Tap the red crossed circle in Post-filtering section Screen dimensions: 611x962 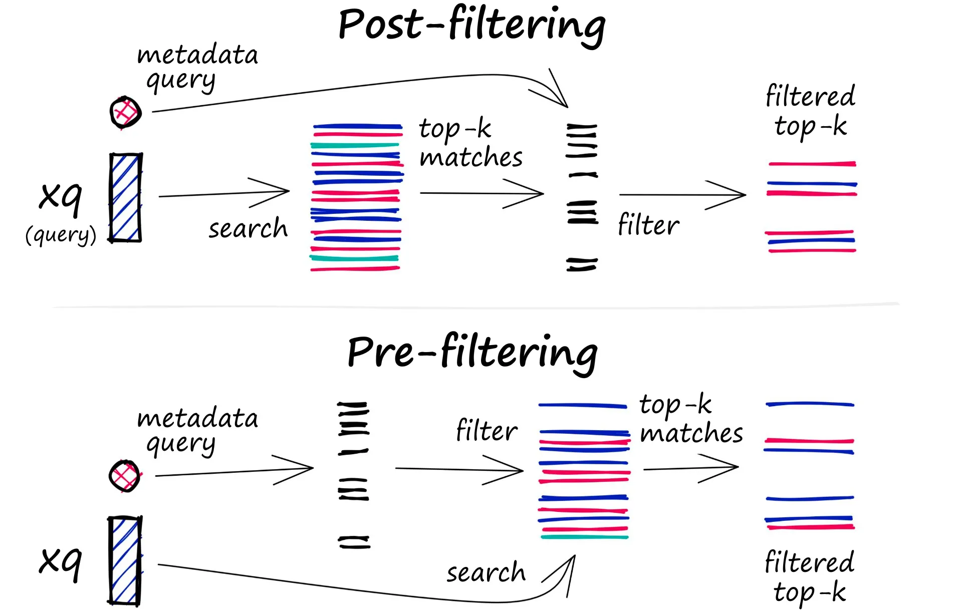[125, 112]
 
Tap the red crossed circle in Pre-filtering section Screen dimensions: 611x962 [125, 475]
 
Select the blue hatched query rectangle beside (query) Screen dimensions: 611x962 [125, 198]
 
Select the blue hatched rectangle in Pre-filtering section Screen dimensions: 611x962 [125, 560]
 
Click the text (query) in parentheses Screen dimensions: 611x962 [61, 234]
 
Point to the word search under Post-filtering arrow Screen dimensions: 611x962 [248, 229]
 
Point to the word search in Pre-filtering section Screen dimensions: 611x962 [486, 572]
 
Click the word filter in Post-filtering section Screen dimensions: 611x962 [648, 224]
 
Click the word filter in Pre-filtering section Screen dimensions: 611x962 [486, 430]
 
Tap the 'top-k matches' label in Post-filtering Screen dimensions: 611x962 [470, 143]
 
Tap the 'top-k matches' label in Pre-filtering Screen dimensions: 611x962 [690, 419]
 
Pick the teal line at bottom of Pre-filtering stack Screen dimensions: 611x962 [584, 537]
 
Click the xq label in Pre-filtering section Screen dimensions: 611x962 [61, 561]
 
